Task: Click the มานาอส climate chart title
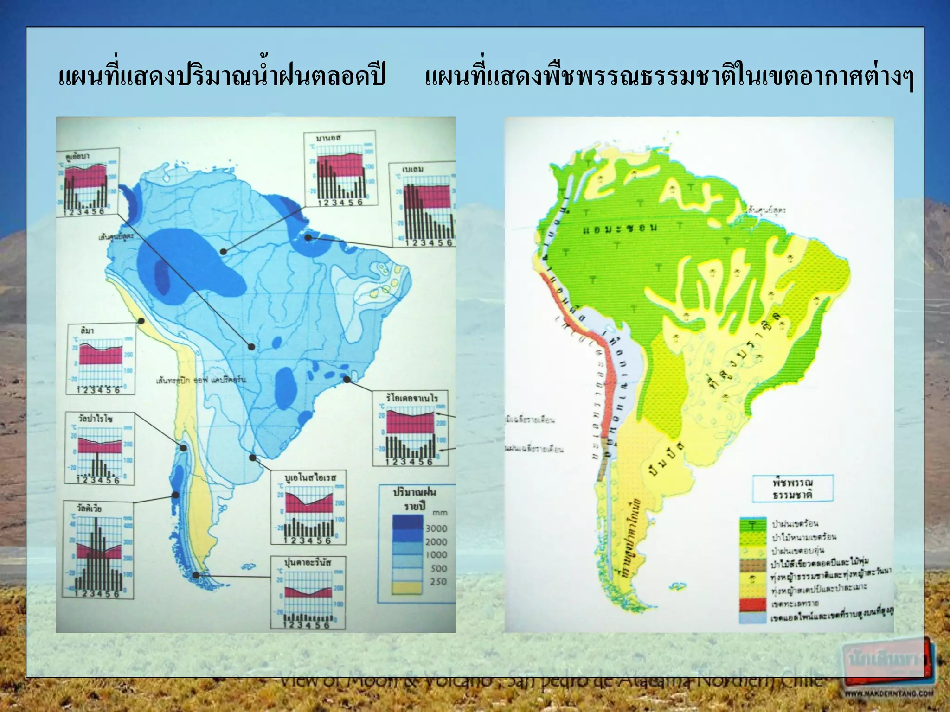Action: [328, 138]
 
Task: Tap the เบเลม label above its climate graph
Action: [413, 169]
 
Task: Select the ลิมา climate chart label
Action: [87, 331]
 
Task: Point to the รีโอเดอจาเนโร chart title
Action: [411, 398]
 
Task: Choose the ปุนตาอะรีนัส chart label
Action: [308, 563]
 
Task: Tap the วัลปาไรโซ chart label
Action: [95, 419]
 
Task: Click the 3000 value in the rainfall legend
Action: [436, 528]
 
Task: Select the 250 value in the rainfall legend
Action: [438, 582]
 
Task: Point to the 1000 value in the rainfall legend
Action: [436, 555]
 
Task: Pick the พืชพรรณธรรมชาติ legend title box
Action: [792, 489]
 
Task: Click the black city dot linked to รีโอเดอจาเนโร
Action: [347, 380]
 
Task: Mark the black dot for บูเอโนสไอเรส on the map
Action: [252, 458]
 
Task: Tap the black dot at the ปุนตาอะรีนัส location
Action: [196, 575]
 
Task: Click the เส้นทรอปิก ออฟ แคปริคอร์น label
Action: [201, 381]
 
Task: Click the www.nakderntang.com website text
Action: [888, 694]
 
